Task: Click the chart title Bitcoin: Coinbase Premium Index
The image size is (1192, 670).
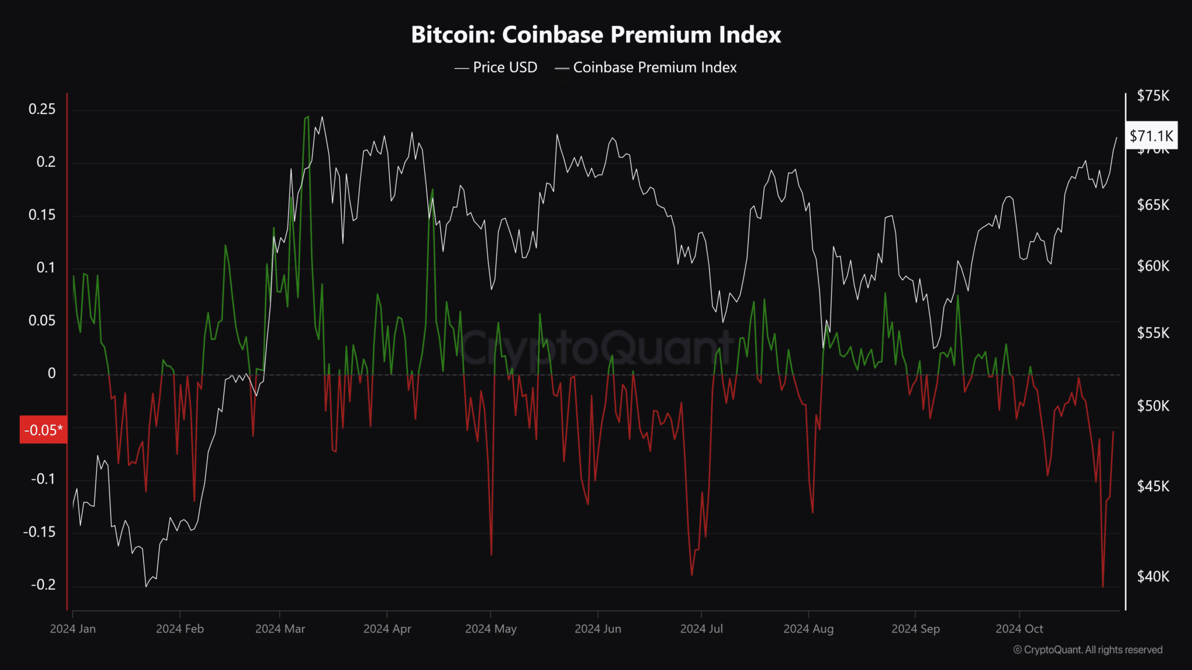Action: click(x=595, y=35)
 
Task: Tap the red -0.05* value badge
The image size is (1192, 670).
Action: click(x=43, y=430)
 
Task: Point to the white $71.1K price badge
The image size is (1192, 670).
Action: click(x=1151, y=136)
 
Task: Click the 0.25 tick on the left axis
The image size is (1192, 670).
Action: click(x=42, y=109)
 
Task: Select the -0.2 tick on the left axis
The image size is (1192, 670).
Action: click(x=43, y=585)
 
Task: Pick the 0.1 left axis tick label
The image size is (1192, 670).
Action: click(x=45, y=268)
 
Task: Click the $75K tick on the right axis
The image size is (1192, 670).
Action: click(x=1152, y=96)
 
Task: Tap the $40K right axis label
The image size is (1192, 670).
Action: click(x=1152, y=576)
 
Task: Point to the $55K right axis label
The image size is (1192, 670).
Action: click(x=1152, y=333)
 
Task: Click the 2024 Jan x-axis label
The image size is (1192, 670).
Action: click(x=73, y=629)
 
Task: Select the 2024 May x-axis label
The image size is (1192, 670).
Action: click(x=491, y=629)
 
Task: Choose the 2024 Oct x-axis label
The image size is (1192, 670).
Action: click(x=1019, y=629)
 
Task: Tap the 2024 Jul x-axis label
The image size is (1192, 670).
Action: click(x=701, y=629)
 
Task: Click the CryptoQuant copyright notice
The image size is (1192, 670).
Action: click(x=1087, y=650)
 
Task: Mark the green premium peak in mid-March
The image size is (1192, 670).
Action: click(x=307, y=117)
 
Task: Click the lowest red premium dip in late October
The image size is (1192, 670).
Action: click(x=1102, y=586)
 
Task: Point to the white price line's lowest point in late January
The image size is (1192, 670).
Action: click(x=146, y=586)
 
